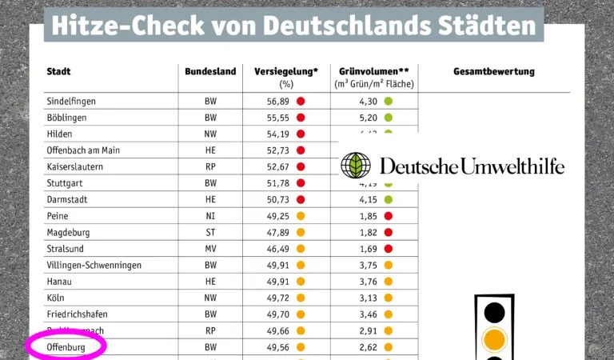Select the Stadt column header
[x=59, y=72]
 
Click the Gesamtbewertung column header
[x=494, y=72]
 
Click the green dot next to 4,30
[x=389, y=102]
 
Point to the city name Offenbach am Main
[x=83, y=150]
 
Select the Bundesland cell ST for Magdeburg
[x=210, y=232]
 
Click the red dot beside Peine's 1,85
[x=389, y=216]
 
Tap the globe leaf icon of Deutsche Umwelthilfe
[x=356, y=166]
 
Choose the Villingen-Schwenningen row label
[x=94, y=265]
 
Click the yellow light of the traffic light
[x=496, y=338]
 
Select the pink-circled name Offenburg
[x=66, y=347]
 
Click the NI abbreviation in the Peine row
[x=210, y=216]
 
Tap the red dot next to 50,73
[x=301, y=199]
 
